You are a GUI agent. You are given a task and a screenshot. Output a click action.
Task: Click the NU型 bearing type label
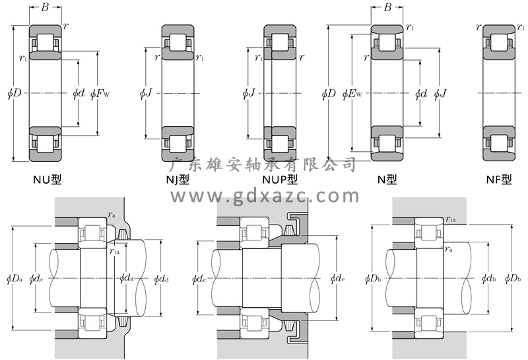[x=46, y=178]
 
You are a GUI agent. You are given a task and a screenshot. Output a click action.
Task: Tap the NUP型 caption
[x=279, y=178]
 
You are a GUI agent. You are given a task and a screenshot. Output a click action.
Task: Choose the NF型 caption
[x=498, y=178]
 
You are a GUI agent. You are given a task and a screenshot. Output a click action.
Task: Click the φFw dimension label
[x=100, y=93]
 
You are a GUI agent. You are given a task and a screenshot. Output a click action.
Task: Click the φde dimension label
[x=336, y=278]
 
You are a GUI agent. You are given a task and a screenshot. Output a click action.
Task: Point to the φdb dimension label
[x=490, y=278]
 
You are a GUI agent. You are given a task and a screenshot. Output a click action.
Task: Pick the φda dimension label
[x=127, y=278]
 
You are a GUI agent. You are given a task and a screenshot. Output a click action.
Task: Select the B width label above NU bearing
[x=45, y=8]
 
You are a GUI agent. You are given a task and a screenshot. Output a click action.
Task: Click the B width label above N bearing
[x=387, y=8]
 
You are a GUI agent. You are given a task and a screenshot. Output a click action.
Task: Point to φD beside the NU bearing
[x=16, y=93]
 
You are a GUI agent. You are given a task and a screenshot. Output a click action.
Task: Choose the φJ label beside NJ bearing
[x=146, y=93]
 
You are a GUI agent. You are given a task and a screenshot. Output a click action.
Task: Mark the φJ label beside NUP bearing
[x=249, y=93]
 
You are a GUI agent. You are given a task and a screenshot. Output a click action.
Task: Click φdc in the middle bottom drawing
[x=199, y=278]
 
